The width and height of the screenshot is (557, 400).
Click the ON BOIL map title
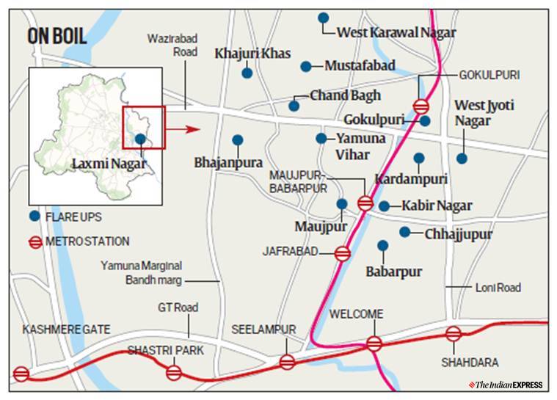57,37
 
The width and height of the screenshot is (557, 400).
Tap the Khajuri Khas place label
252,54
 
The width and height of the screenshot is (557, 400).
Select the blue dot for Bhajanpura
237,139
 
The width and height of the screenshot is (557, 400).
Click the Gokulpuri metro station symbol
421,106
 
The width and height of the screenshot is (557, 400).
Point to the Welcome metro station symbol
374,343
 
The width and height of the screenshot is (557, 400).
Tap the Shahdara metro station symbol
454,334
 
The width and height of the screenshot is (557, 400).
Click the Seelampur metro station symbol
287,361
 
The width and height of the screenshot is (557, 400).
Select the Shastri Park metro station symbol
174,372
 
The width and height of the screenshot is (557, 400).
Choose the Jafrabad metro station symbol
342,253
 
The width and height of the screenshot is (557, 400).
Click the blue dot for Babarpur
382,245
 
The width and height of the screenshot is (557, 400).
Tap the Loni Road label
498,288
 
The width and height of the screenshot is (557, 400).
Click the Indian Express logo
509,385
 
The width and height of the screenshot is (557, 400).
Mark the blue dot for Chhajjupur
404,232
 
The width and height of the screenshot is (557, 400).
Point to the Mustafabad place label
360,66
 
